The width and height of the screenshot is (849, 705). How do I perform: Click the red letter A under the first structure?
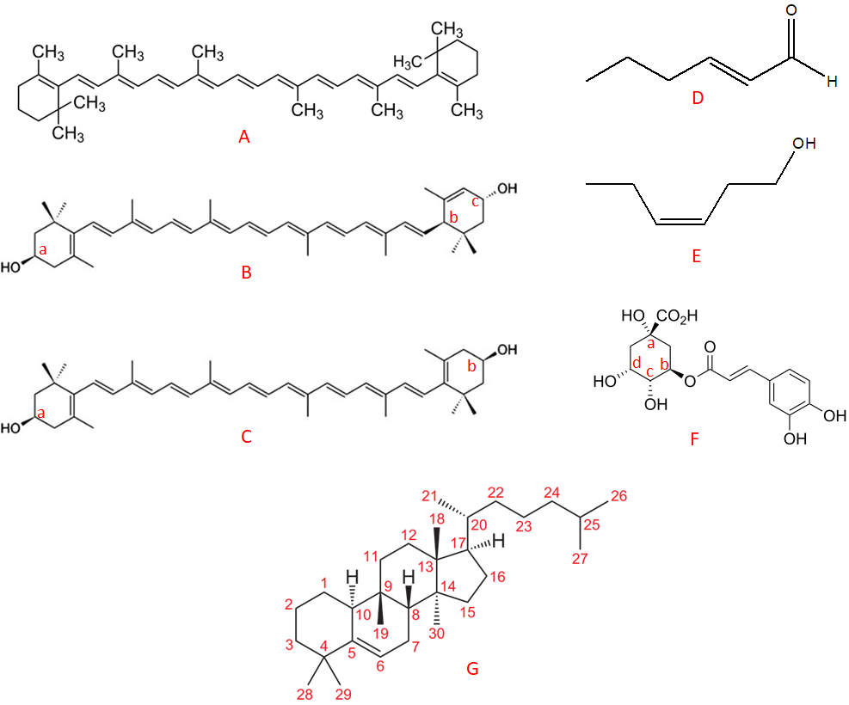pos(245,137)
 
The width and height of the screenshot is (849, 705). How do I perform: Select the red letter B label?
pos(246,274)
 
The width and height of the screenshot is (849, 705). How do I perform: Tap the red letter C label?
pos(246,437)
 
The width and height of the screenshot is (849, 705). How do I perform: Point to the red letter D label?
pos(698,98)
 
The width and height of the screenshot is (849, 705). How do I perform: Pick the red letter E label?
pos(697,255)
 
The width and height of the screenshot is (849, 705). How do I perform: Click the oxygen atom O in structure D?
pos(791,11)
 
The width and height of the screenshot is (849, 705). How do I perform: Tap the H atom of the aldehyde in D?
pos(830,82)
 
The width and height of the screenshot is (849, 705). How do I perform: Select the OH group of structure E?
pos(803,144)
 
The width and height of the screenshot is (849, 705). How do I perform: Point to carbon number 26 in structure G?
pos(619,495)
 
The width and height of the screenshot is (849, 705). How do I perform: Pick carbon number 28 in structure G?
pos(305,694)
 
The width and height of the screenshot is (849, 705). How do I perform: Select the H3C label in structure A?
pos(410,62)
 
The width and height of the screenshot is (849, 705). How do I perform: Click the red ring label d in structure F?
pos(636,365)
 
